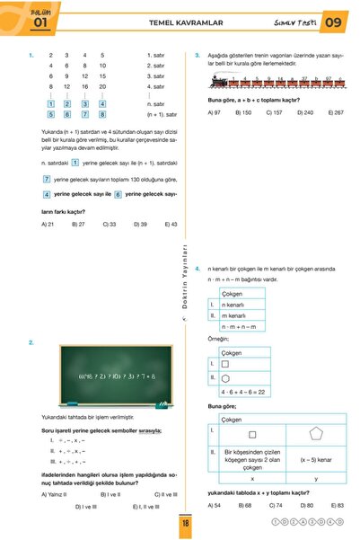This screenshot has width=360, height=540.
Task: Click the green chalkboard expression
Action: pyautogui.click(x=118, y=375)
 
